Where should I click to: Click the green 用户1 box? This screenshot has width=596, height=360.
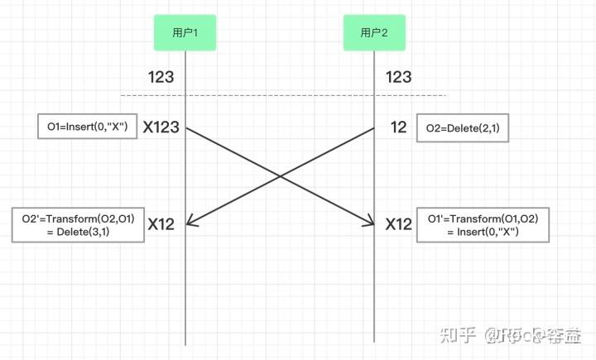click(185, 32)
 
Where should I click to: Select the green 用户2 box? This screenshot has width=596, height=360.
click(374, 32)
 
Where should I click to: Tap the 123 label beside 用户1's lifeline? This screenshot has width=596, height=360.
click(161, 77)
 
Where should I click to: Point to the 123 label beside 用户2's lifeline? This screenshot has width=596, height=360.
click(399, 77)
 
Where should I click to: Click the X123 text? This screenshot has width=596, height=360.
click(161, 127)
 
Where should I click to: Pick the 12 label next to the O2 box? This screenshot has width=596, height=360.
click(398, 127)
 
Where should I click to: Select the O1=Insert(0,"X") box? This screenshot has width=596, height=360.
click(87, 127)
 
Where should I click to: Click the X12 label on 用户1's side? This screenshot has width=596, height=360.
click(161, 223)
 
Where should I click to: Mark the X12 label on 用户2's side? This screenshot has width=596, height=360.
click(398, 223)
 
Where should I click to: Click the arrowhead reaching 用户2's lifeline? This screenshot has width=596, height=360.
click(370, 222)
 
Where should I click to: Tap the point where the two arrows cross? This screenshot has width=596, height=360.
click(280, 175)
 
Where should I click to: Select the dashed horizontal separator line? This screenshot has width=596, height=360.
click(281, 94)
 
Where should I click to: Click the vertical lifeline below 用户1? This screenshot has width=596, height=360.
click(185, 290)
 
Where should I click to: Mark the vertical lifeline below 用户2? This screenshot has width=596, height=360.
click(374, 290)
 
